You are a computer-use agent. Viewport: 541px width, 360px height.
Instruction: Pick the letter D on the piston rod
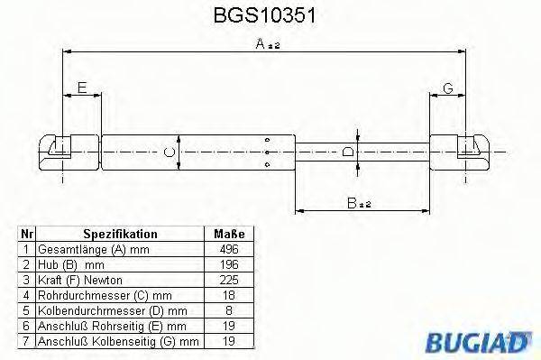[349, 151]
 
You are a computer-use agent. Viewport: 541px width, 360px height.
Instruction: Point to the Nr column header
[27, 234]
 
